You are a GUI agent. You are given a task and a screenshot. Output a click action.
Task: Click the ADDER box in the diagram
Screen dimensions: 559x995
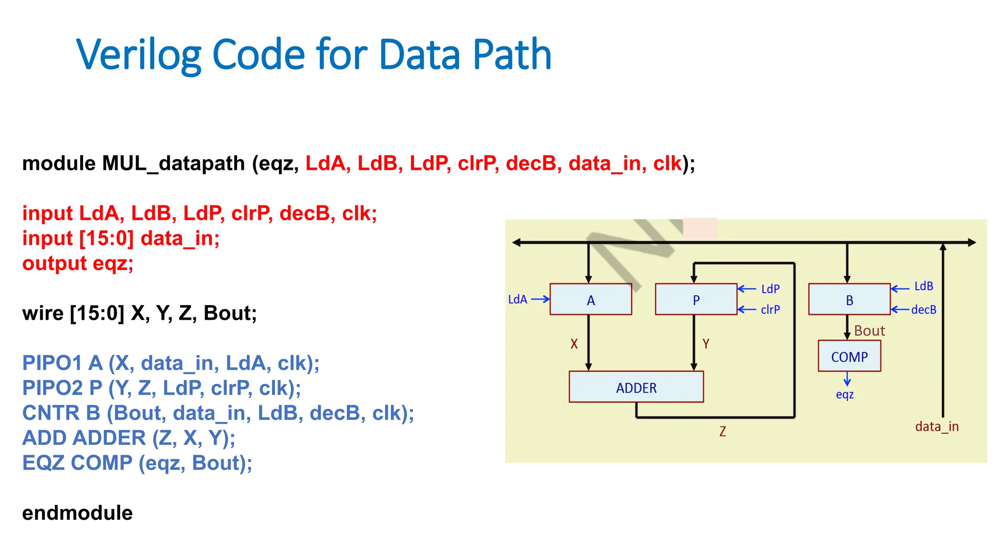click(636, 387)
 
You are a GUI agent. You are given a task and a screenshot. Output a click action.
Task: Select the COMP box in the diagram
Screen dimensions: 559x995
click(849, 357)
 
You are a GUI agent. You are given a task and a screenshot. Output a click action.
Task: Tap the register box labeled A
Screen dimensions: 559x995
click(590, 300)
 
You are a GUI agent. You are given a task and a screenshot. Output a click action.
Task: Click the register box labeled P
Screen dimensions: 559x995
click(696, 300)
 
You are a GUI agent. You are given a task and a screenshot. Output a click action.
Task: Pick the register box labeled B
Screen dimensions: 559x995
click(849, 300)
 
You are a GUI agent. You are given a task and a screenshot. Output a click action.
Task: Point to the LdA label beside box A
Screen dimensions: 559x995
click(517, 299)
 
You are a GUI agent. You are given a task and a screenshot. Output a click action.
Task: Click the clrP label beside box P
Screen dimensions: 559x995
click(770, 310)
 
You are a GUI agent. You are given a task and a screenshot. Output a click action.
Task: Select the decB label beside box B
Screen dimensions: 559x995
click(924, 310)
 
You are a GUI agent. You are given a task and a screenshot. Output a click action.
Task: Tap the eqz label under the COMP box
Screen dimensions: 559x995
click(844, 395)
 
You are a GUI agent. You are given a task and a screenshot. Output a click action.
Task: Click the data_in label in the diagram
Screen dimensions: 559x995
click(937, 427)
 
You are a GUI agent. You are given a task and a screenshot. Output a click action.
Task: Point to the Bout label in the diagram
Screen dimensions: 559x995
click(869, 331)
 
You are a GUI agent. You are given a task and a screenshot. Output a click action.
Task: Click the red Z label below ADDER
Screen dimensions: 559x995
click(722, 431)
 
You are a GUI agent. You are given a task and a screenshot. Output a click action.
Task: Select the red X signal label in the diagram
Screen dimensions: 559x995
click(574, 344)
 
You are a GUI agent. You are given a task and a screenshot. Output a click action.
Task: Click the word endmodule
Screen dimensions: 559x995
click(77, 513)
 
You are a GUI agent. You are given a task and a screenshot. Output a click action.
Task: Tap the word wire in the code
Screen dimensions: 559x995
click(43, 313)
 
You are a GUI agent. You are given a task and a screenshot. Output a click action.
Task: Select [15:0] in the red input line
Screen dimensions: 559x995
click(106, 238)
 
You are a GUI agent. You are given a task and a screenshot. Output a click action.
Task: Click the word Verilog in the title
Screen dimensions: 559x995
click(138, 54)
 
